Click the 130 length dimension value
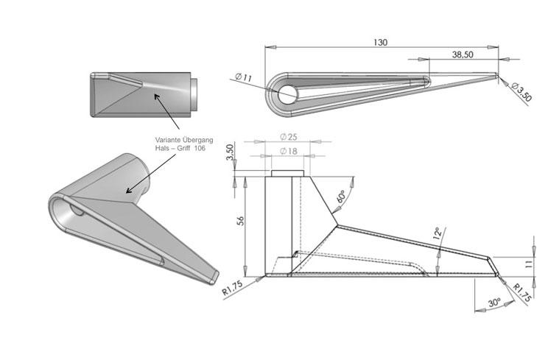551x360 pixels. click(x=380, y=43)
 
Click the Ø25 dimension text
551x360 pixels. click(x=288, y=138)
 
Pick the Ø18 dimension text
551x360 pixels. click(x=288, y=151)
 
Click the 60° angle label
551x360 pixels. click(x=342, y=198)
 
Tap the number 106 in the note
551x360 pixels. click(x=198, y=149)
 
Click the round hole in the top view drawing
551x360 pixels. click(x=287, y=93)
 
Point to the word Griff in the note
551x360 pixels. click(x=178, y=149)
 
